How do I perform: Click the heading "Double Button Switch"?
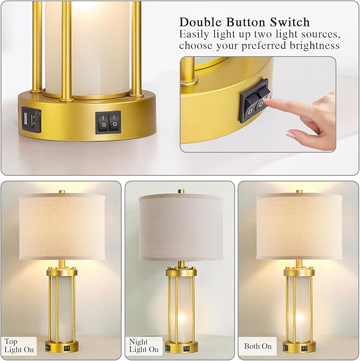(x=244, y=22)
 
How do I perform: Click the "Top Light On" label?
(x=19, y=346)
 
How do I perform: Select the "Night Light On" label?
(x=144, y=346)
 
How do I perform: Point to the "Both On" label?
(x=258, y=346)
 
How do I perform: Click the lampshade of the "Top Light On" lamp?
(x=62, y=226)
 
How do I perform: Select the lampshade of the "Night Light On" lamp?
(x=180, y=226)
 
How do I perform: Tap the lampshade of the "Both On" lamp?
(x=300, y=226)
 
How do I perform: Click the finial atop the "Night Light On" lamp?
(x=181, y=190)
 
